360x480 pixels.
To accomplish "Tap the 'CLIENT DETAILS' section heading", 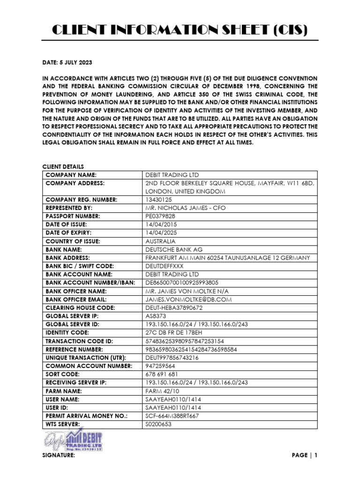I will click(x=63, y=166).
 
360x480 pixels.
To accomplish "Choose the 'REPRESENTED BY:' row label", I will click(x=69, y=208).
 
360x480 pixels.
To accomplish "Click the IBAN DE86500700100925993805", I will click(x=182, y=283).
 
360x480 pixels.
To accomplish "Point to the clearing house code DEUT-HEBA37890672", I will click(x=178, y=307).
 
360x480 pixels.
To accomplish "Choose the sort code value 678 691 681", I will click(x=162, y=374).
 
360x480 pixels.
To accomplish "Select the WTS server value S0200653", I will click(x=159, y=424).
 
